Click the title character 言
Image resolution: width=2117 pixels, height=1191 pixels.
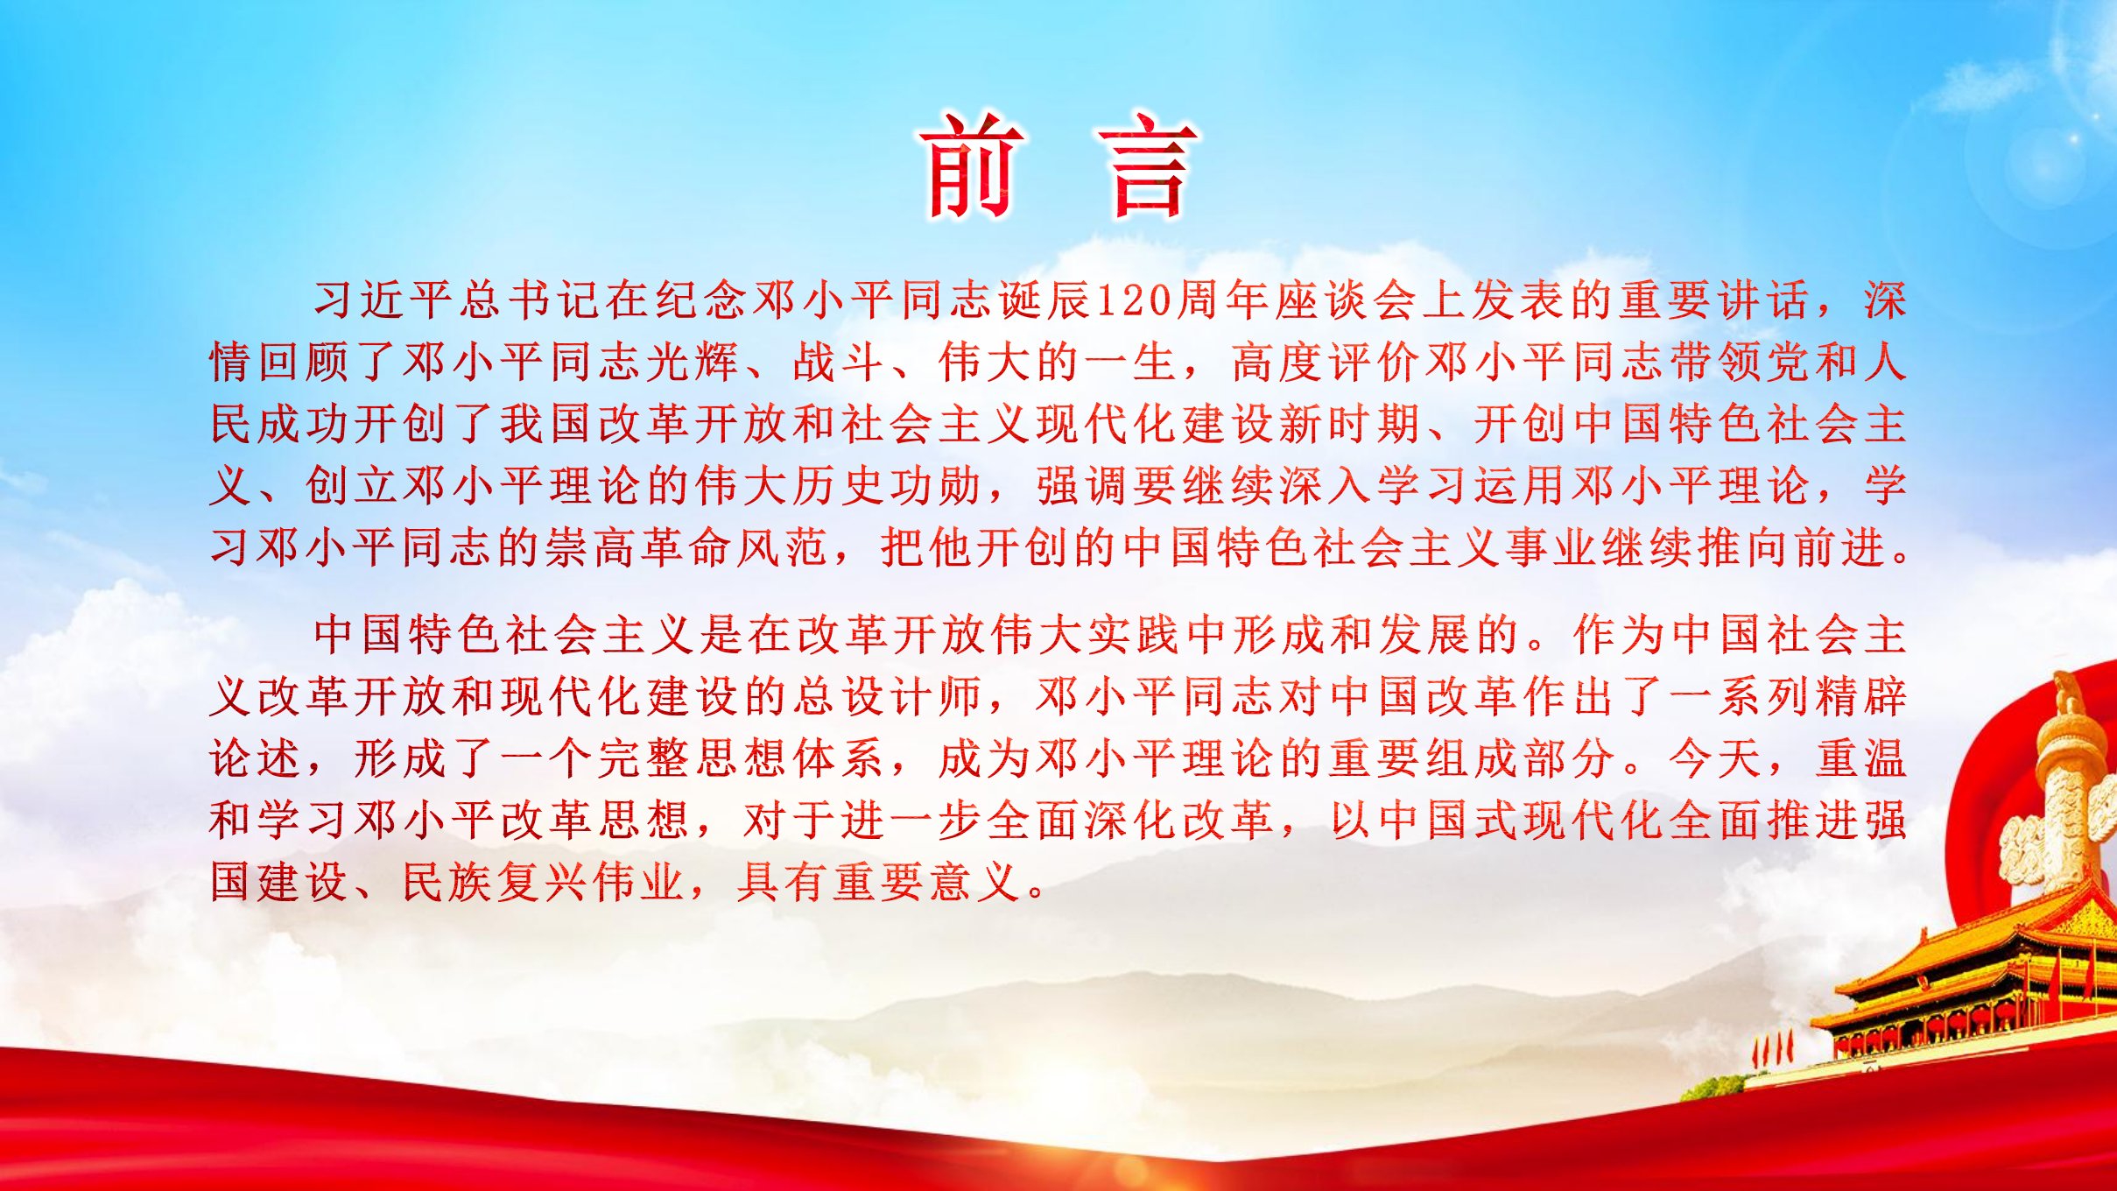click(x=1148, y=166)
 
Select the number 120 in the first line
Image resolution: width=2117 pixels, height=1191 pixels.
click(x=1135, y=300)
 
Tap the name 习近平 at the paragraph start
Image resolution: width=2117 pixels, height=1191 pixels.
click(x=384, y=300)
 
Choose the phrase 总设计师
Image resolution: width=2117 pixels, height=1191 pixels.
click(x=889, y=697)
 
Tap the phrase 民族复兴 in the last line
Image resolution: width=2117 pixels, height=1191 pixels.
click(x=496, y=883)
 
